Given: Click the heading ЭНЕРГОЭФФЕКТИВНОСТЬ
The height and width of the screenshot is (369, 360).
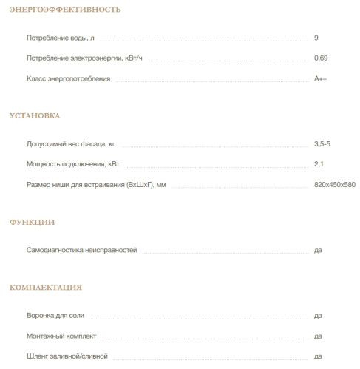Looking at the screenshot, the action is click(x=55, y=10).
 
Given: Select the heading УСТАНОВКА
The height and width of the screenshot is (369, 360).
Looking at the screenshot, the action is click(x=35, y=116).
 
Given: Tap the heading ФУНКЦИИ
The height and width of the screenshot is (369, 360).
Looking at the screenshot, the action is click(x=32, y=222).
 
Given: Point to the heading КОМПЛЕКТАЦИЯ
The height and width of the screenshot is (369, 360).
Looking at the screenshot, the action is click(x=45, y=287).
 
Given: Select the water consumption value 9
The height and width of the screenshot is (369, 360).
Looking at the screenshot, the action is click(x=316, y=37).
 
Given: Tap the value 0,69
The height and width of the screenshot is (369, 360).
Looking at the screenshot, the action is click(x=320, y=58).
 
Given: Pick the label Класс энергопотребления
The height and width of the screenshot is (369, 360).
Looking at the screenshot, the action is click(x=68, y=78).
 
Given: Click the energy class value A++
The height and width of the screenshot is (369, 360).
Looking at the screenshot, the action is click(x=320, y=78).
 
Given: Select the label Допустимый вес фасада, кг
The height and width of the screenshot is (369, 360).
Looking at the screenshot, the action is click(x=70, y=143).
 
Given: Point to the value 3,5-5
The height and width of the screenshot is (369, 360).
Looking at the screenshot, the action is click(x=322, y=143).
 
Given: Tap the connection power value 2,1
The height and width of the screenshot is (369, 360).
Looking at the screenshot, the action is click(x=319, y=163).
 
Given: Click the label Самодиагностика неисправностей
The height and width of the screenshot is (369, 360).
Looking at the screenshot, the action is click(x=81, y=251).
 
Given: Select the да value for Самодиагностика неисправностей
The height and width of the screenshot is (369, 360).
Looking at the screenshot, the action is click(x=318, y=251).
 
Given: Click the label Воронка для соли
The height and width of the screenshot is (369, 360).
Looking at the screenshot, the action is click(x=56, y=316).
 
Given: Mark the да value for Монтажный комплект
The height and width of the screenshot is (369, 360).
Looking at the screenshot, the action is click(x=318, y=336).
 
